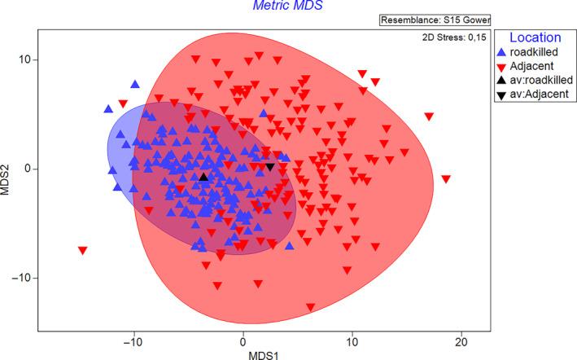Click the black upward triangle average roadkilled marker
(203, 177)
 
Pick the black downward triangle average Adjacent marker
(270, 167)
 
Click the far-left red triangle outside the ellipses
(83, 251)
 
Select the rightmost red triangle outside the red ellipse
(446, 179)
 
